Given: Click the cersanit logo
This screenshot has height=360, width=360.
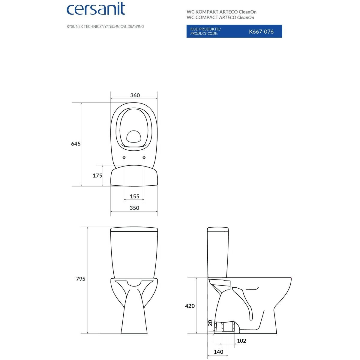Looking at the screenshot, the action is coord(96,9).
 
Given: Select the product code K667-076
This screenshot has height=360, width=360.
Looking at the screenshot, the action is coord(261,31).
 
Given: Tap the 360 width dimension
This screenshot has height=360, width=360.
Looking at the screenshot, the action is coord(135,95).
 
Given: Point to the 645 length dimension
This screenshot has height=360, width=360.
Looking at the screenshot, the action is coord(76,144).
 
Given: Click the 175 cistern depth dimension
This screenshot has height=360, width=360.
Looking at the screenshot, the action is coord(97,175).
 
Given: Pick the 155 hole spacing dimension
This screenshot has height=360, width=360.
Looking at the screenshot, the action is coord(134,196).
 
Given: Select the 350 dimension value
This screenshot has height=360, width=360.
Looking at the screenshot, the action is coord(134,208).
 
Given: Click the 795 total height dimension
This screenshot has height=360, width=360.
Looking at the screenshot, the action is coord(80,279).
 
